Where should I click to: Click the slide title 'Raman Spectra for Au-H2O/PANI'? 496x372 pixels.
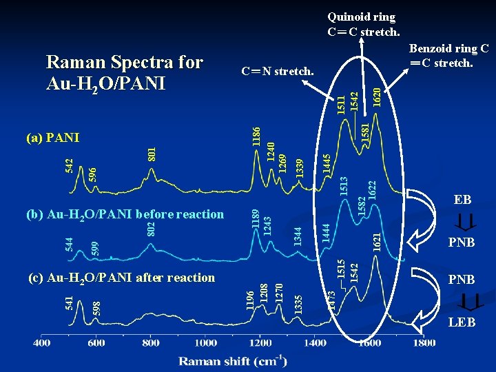[x=124, y=72]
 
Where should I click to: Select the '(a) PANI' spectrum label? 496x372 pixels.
[x=53, y=138]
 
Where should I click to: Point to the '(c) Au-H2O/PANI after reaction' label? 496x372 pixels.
[x=121, y=278]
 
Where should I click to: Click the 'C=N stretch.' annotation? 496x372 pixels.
[x=277, y=71]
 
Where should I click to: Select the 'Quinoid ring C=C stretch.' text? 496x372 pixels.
[x=363, y=24]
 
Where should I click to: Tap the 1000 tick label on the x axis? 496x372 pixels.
[x=205, y=342]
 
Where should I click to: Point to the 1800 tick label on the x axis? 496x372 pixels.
[x=423, y=342]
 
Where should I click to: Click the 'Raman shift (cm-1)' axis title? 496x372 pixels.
[x=234, y=360]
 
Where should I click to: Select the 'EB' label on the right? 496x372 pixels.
[x=462, y=200]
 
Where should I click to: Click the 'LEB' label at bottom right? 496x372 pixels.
[x=462, y=322]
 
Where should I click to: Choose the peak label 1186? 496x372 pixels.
[x=256, y=135]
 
